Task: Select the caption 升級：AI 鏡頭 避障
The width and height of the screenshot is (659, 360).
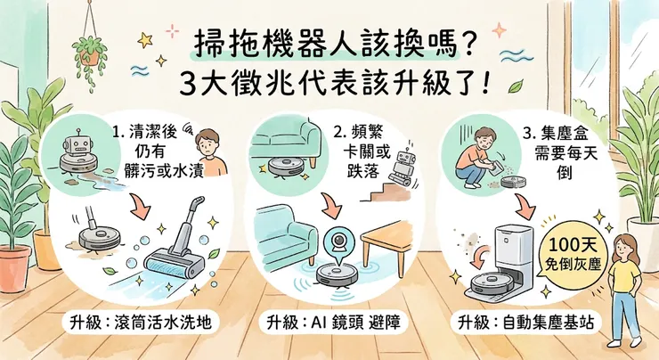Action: (330, 322)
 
